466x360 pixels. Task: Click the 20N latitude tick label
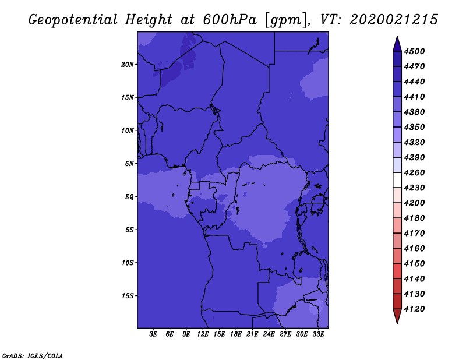click(128, 65)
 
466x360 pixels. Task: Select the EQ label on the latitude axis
click(129, 197)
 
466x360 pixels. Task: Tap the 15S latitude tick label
click(128, 296)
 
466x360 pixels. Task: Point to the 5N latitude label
click(129, 164)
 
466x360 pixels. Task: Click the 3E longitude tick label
click(153, 334)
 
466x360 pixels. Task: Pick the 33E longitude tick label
click(318, 334)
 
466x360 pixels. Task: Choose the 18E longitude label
click(236, 334)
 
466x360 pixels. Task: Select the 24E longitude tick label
click(269, 334)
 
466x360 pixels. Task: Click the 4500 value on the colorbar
click(414, 51)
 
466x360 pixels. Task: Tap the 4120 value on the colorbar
click(414, 309)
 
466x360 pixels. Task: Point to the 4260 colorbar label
click(414, 172)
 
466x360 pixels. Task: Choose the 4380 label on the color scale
click(414, 112)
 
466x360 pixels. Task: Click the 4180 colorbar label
click(414, 218)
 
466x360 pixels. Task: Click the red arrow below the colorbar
click(397, 315)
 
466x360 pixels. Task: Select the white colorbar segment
click(397, 180)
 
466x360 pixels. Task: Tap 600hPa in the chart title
click(230, 20)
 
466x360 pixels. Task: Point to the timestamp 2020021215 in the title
click(394, 20)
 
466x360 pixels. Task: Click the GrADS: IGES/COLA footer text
click(33, 356)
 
